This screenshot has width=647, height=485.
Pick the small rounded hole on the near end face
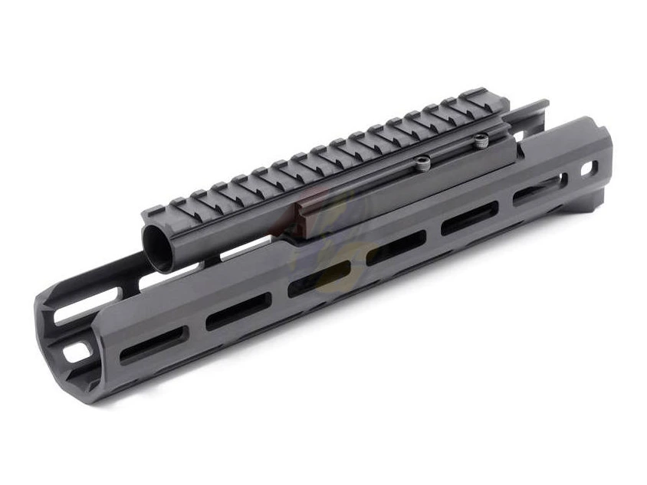pos(76,352)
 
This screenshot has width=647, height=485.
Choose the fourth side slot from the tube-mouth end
pos(396,249)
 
